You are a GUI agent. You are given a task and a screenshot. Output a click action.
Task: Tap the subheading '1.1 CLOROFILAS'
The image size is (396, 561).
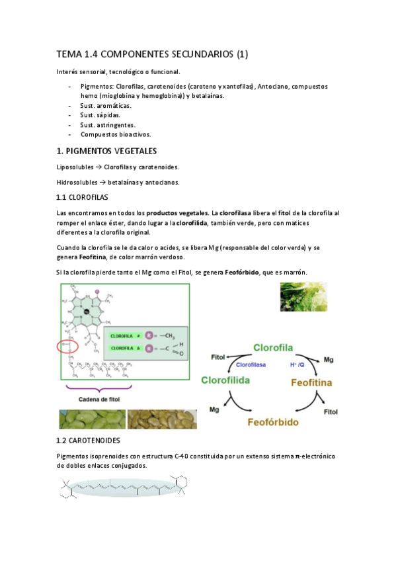(82, 197)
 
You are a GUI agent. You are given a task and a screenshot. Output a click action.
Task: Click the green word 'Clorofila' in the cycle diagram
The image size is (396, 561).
(273, 347)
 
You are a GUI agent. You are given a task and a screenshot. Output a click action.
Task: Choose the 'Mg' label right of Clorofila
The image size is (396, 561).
(329, 360)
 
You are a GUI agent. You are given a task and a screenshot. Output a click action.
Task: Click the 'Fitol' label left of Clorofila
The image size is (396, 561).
(218, 357)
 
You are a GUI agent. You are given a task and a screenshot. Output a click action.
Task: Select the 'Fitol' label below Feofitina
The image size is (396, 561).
(331, 411)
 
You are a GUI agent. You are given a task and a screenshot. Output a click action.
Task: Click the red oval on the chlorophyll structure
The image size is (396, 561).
(69, 345)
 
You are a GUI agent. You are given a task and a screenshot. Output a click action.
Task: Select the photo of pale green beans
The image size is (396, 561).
(91, 419)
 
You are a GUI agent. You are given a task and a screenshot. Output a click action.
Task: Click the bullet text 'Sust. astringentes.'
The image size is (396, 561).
(108, 124)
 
